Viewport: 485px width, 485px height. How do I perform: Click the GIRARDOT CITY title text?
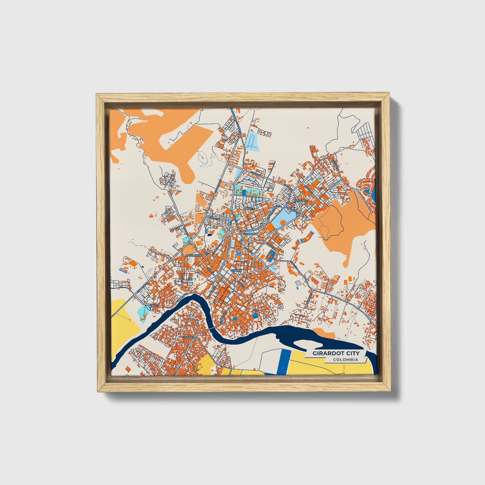click(336, 353)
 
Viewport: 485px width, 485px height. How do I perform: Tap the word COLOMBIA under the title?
click(345, 359)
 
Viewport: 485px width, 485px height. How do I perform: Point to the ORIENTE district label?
click(301, 201)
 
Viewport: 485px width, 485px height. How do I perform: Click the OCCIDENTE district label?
click(194, 255)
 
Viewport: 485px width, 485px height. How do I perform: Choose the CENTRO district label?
click(236, 271)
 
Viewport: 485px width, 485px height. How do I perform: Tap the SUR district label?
click(255, 310)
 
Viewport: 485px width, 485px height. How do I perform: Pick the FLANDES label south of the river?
click(188, 337)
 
